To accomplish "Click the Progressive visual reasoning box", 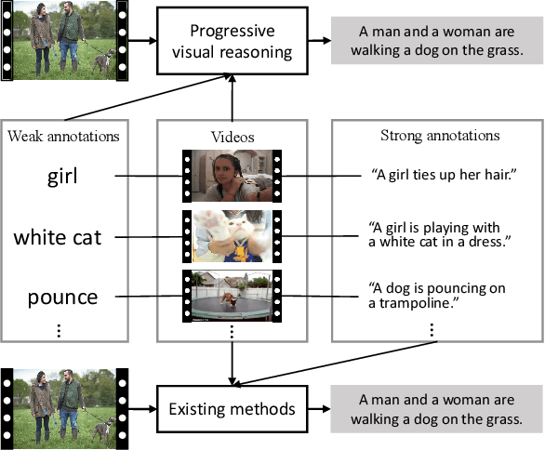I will point(231,42).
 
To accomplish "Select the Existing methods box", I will point(231,408).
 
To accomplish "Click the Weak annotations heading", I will point(63,138).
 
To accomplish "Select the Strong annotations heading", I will point(440,136).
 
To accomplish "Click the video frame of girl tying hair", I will point(232,176).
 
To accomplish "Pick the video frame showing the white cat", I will point(232,236).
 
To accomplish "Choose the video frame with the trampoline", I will point(232,297).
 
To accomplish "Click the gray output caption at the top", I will point(436,42).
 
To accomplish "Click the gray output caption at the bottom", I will point(436,408).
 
